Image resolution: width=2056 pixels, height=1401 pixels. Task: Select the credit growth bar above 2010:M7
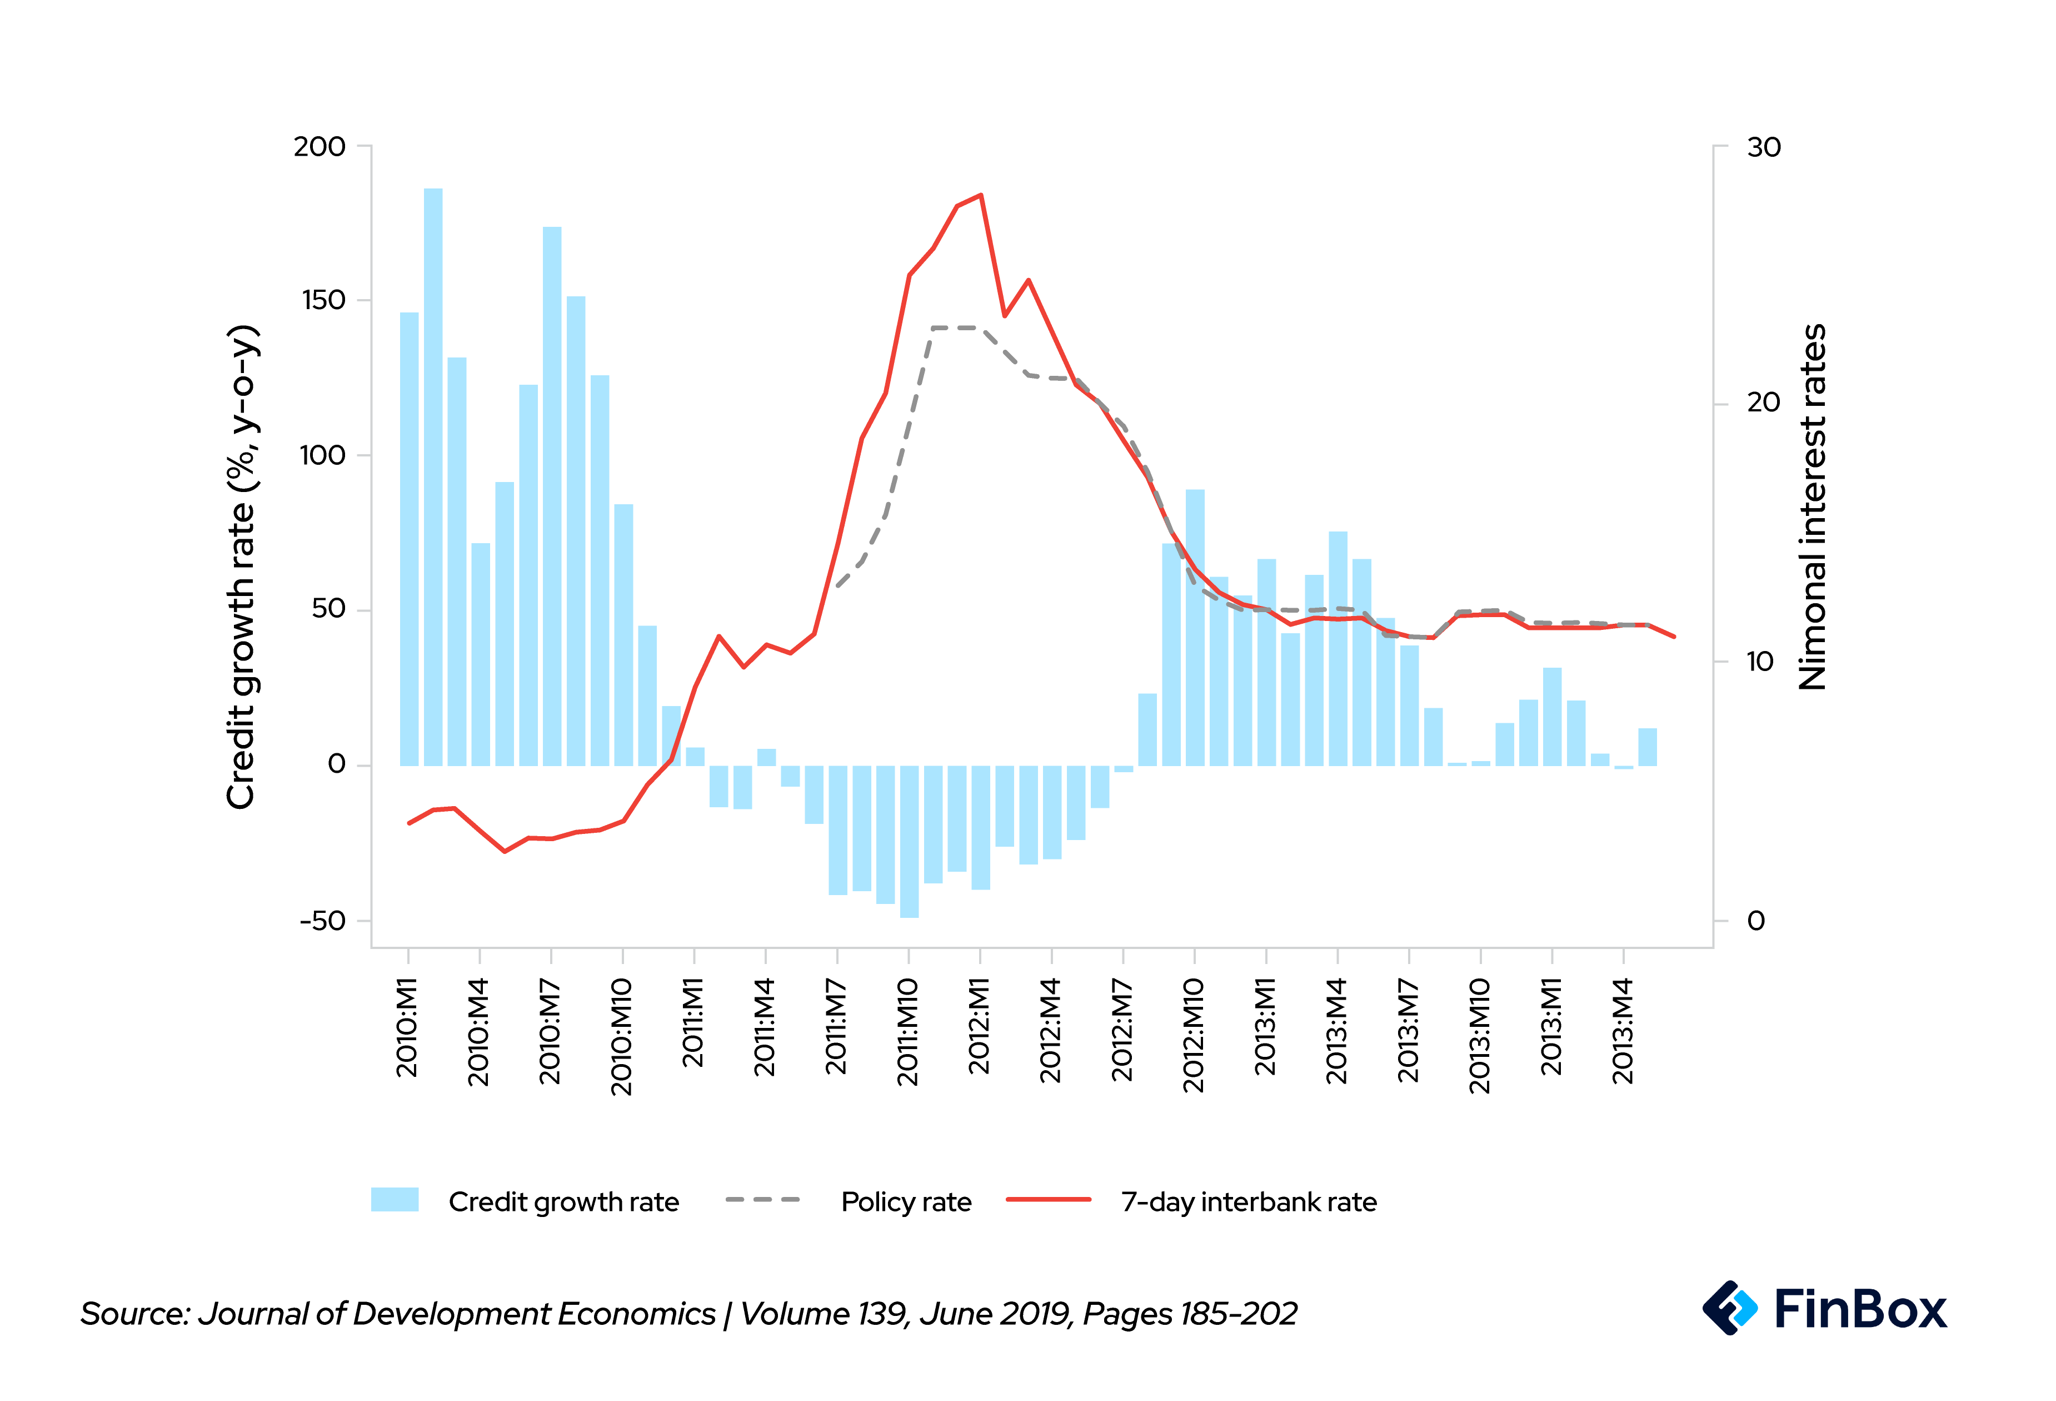(552, 495)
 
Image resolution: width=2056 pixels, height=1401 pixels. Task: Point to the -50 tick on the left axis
(322, 921)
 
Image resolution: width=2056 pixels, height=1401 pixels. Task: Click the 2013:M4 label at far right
(1623, 1032)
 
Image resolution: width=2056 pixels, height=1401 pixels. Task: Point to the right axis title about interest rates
(1813, 506)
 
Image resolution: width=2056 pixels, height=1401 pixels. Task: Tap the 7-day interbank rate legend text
(1248, 1202)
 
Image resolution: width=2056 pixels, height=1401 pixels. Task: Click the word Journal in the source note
(251, 1313)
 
